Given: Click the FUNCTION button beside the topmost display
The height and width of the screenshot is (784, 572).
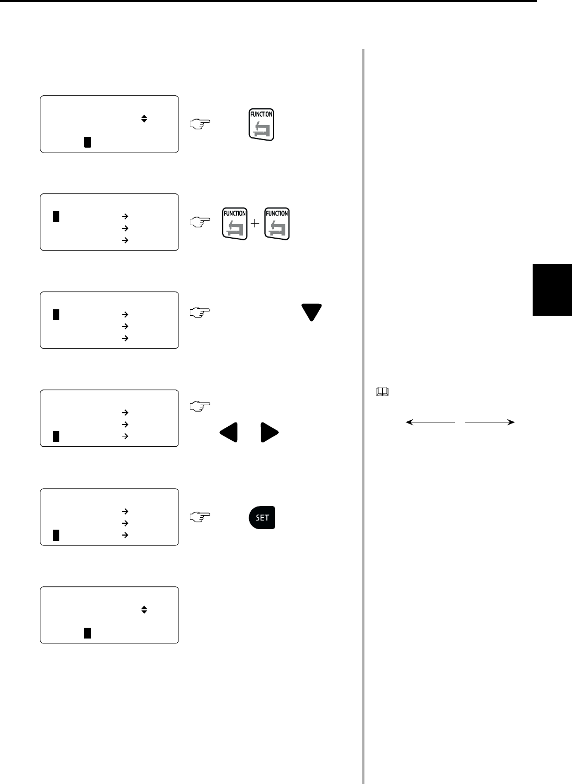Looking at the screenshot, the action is [x=261, y=124].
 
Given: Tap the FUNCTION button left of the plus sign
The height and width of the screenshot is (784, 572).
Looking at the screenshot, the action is [x=235, y=224].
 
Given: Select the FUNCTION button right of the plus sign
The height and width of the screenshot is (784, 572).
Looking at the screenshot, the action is [x=277, y=224].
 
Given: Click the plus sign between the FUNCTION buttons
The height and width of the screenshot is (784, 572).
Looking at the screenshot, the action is [x=256, y=223].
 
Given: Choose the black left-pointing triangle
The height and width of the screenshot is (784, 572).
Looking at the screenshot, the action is [x=229, y=432].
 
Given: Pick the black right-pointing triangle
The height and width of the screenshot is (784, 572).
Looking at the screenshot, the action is [x=270, y=432].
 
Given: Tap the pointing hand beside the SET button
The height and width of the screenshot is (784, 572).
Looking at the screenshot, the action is [x=198, y=517].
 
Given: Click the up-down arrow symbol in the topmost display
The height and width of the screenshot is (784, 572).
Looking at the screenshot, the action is [x=144, y=119].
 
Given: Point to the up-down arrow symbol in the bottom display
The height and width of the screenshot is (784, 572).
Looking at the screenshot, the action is [x=144, y=610].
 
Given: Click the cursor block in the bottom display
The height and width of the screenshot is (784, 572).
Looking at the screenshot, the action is [x=87, y=633].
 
